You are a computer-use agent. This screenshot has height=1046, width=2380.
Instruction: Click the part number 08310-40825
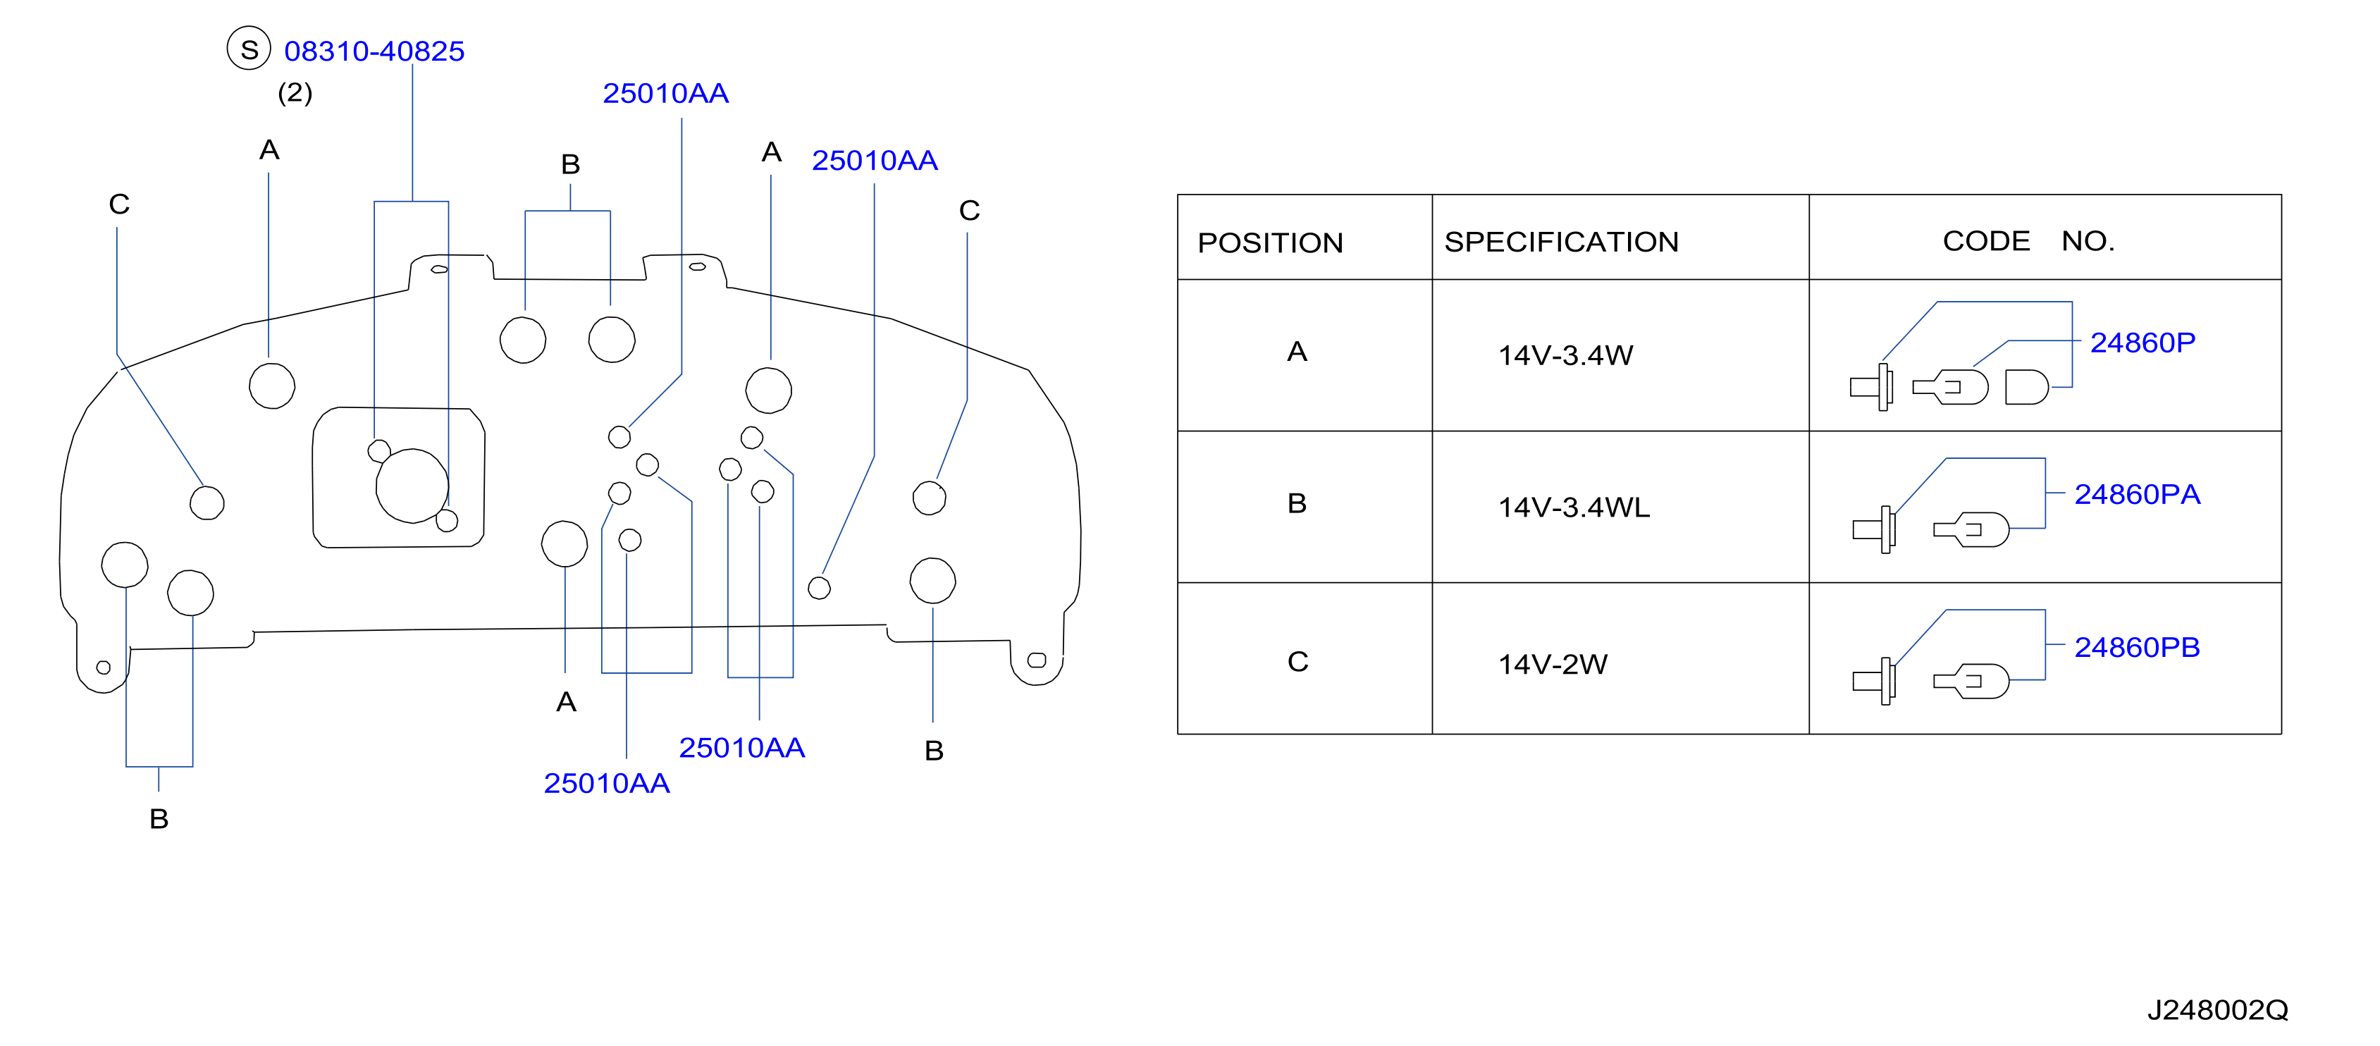(374, 51)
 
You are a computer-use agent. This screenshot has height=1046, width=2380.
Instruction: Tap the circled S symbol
(249, 48)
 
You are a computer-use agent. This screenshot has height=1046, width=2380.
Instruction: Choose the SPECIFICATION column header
(1562, 241)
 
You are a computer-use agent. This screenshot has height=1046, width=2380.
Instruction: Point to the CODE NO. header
(2029, 240)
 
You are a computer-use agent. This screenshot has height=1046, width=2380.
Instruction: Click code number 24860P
(2142, 343)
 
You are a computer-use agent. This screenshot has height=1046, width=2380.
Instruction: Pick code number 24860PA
(2137, 494)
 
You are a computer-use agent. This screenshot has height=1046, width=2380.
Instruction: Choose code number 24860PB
(2137, 647)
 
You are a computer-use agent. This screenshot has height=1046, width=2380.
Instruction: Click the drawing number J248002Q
(2217, 1010)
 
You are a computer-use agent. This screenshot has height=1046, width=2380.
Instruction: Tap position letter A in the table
(1297, 351)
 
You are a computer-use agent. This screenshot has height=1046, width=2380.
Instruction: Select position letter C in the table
(1297, 662)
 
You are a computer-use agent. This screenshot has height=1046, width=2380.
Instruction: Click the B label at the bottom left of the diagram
(159, 819)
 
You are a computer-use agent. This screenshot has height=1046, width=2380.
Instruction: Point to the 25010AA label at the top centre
(665, 93)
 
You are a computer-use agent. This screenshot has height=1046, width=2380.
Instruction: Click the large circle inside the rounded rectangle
(412, 486)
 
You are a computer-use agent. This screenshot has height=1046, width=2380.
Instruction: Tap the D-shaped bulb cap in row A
(2026, 386)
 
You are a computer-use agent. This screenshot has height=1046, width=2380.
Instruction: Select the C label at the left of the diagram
(119, 204)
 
